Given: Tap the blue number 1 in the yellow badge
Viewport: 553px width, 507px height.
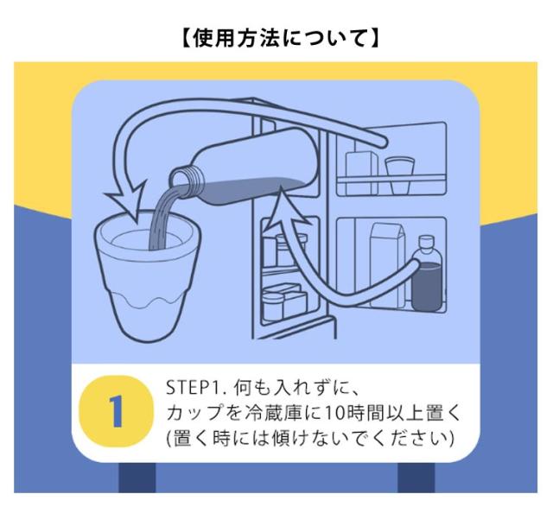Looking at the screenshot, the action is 116,411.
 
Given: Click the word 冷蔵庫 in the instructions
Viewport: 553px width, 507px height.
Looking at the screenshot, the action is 273,413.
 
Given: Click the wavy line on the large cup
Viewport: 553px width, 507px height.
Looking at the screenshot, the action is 149,301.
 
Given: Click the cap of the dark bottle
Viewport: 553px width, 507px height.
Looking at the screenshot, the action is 426,242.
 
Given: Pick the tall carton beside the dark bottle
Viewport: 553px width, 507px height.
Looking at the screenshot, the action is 388,264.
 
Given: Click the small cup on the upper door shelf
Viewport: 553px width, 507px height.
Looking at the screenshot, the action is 400,174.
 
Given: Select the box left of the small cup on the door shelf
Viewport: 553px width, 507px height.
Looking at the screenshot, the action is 361,173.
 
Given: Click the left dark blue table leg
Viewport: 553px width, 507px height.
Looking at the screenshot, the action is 137,477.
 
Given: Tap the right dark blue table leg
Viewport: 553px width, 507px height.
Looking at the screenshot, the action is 416,477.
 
